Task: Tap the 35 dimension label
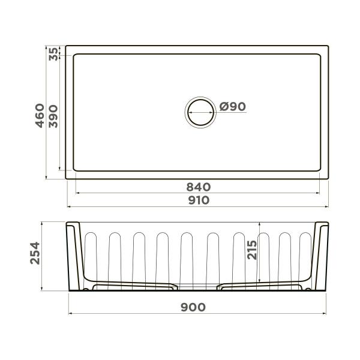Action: [53, 53]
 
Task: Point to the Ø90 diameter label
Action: [232, 107]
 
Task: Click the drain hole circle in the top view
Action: [199, 112]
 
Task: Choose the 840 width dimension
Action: [198, 187]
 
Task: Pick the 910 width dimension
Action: [198, 200]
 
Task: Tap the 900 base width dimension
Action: [194, 307]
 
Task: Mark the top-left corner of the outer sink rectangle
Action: [66, 45]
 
